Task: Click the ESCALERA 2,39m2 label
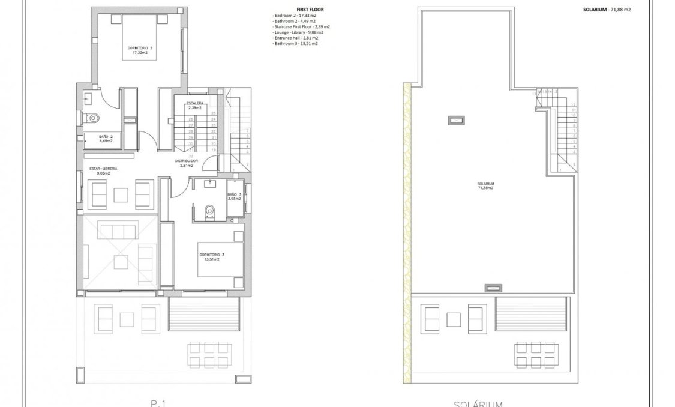[x=194, y=105]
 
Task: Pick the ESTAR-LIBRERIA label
[x=103, y=171]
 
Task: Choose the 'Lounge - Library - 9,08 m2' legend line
[x=298, y=32]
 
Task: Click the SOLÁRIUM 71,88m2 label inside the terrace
[x=485, y=186]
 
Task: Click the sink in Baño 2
[x=89, y=98]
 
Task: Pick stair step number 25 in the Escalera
[x=213, y=113]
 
